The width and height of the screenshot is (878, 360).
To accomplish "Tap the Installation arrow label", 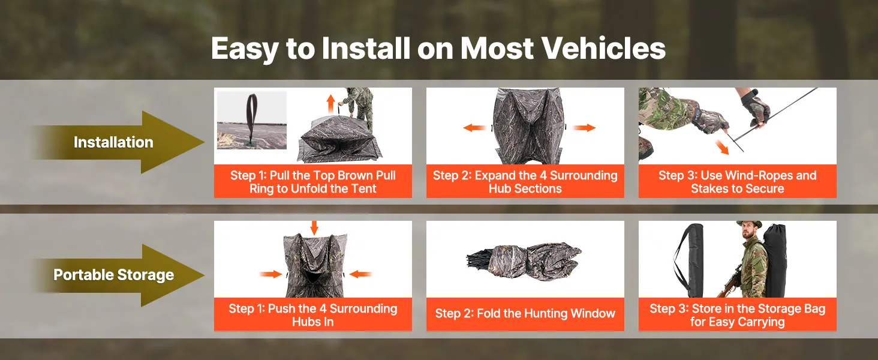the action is pyautogui.click(x=113, y=142).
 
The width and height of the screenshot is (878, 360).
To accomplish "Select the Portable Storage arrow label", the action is pyautogui.click(x=114, y=275).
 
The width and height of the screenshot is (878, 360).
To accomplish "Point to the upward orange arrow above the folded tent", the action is pyautogui.click(x=331, y=104).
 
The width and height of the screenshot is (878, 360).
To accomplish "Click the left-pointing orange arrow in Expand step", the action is pyautogui.click(x=474, y=127).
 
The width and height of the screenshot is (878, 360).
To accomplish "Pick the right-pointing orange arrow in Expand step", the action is pyautogui.click(x=584, y=127).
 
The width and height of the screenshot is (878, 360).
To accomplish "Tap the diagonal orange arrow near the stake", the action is pyautogui.click(x=721, y=147).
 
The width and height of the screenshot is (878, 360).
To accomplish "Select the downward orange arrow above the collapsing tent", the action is pyautogui.click(x=314, y=228).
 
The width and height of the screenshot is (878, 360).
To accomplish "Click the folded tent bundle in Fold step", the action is pyautogui.click(x=524, y=261).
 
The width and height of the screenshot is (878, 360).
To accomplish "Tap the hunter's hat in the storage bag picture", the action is pyautogui.click(x=749, y=224).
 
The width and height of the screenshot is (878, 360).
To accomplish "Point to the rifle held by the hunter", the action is pyautogui.click(x=729, y=280).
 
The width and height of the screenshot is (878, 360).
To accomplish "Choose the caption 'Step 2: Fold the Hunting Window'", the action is pyautogui.click(x=525, y=313).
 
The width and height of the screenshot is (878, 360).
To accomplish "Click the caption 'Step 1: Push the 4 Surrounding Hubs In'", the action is pyautogui.click(x=313, y=315).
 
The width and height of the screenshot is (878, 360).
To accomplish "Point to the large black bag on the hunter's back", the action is pyautogui.click(x=774, y=261).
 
